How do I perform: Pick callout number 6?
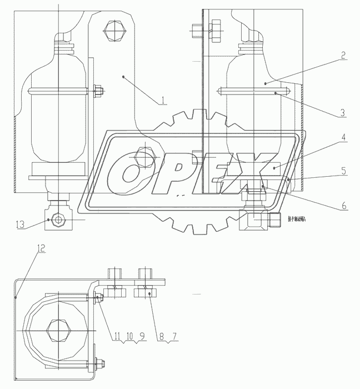point(343,206)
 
